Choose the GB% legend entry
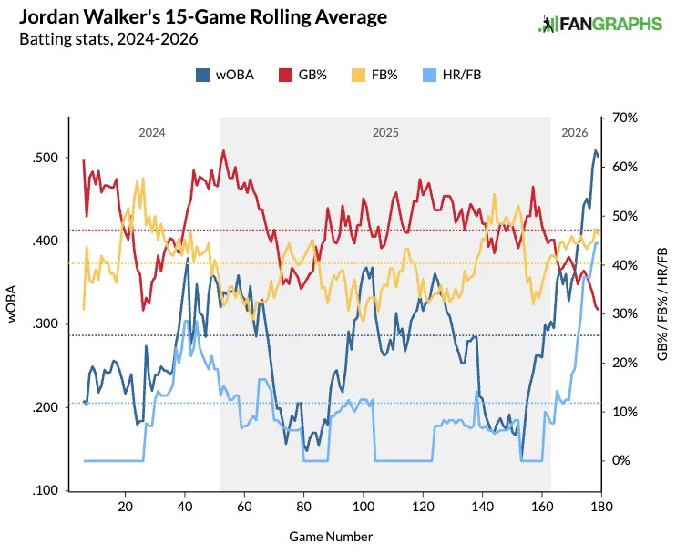pos(300,75)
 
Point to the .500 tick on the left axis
pos(45,158)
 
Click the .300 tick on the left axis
pos(45,324)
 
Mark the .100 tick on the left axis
pos(45,491)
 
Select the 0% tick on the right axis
pos(621,460)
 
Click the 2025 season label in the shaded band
pos(385,133)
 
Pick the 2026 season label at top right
pos(574,133)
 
